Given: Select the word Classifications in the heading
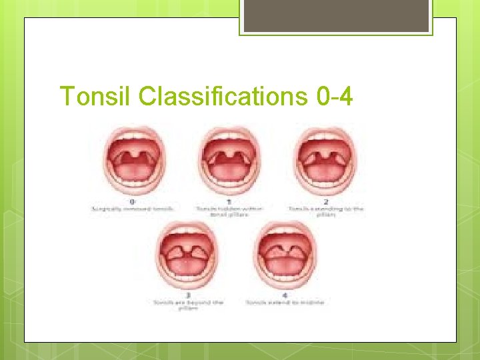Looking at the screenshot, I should point(223,97).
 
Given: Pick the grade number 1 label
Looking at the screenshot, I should point(230,201).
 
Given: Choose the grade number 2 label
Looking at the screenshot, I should point(326,201).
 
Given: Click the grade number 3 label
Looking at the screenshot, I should point(188,294).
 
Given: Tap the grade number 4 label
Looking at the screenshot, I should point(285,294).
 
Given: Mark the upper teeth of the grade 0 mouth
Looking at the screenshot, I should point(133,139).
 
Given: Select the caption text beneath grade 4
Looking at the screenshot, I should point(285,302).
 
